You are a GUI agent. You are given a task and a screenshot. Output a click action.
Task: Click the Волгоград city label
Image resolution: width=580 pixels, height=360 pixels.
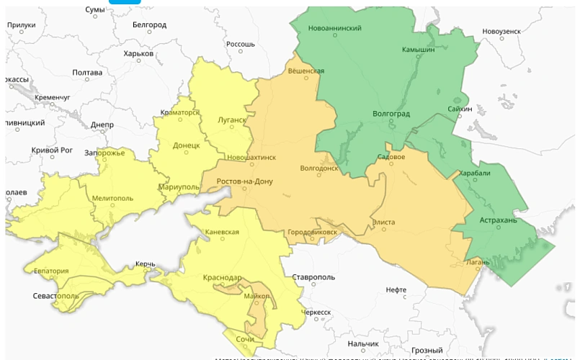point(391,114)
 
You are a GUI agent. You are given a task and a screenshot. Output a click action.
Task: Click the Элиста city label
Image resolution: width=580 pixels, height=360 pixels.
point(383,222)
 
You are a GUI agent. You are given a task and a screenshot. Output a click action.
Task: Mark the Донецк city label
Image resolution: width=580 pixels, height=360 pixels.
point(186,145)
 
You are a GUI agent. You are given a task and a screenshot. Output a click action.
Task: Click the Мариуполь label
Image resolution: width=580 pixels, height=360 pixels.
point(179,186)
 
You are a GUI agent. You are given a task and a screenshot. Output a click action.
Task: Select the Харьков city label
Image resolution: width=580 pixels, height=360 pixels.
point(138,53)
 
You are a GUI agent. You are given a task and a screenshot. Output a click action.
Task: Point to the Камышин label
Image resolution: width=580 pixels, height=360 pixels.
point(419,50)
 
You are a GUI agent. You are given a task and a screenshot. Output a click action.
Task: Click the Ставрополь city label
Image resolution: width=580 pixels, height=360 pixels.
point(313,277)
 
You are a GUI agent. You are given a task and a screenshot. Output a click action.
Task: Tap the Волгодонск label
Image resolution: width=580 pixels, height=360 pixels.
point(318,169)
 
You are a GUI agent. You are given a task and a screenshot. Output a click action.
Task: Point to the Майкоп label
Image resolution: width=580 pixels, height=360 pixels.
point(256,296)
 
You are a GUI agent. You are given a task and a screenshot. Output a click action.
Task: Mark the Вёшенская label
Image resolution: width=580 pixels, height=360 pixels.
point(305,71)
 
